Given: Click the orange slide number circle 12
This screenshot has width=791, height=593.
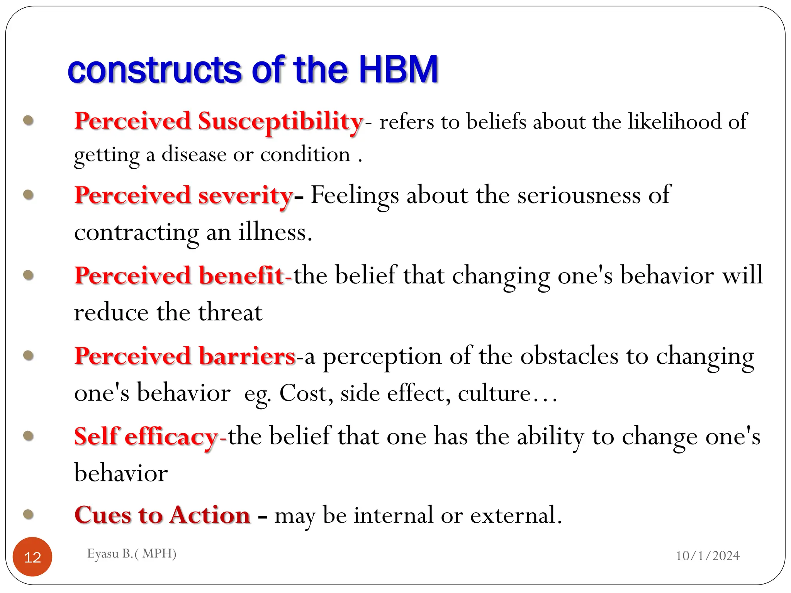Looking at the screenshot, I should [32, 557].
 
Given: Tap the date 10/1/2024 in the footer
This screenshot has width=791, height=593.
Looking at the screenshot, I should [708, 556].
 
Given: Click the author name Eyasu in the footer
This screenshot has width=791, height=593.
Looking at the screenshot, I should [103, 554].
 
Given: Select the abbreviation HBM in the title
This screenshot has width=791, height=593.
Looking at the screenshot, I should [399, 70].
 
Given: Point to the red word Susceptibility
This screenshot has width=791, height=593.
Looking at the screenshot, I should [281, 122].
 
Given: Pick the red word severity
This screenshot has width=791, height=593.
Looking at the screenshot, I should [246, 196].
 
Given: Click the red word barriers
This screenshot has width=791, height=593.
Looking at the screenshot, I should [247, 356].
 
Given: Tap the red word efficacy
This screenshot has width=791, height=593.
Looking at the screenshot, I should [172, 437].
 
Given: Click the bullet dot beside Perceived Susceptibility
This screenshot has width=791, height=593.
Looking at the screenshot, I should [29, 120].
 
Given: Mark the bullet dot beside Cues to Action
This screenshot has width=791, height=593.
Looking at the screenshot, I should [29, 514].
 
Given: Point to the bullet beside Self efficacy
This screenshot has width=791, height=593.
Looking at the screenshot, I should [29, 436].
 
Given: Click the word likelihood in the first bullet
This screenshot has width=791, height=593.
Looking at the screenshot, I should [675, 121].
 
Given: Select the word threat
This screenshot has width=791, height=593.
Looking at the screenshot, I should [230, 312].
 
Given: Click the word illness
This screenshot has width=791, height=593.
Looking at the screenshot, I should [275, 232].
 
